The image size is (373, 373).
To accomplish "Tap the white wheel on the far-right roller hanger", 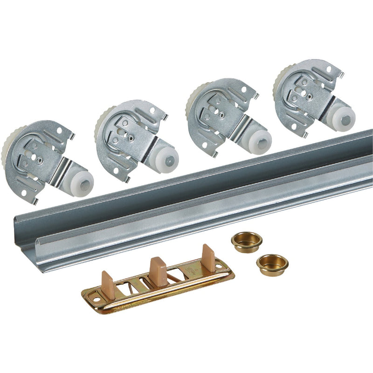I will tap(345, 120).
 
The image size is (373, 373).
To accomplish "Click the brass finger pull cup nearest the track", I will tap(246, 242).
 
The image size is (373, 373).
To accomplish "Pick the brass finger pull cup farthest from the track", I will tap(272, 264).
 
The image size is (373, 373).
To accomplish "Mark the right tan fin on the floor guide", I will tap(208, 258).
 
